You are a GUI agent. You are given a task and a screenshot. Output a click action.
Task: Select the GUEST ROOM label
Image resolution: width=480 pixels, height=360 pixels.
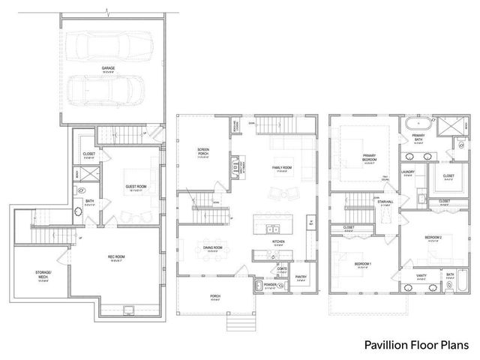coord(136,189)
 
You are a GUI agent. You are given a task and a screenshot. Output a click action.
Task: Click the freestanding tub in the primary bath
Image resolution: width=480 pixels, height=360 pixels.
coord(417,124)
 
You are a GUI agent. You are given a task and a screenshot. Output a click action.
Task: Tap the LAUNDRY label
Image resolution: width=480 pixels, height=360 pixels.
coord(408,172)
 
